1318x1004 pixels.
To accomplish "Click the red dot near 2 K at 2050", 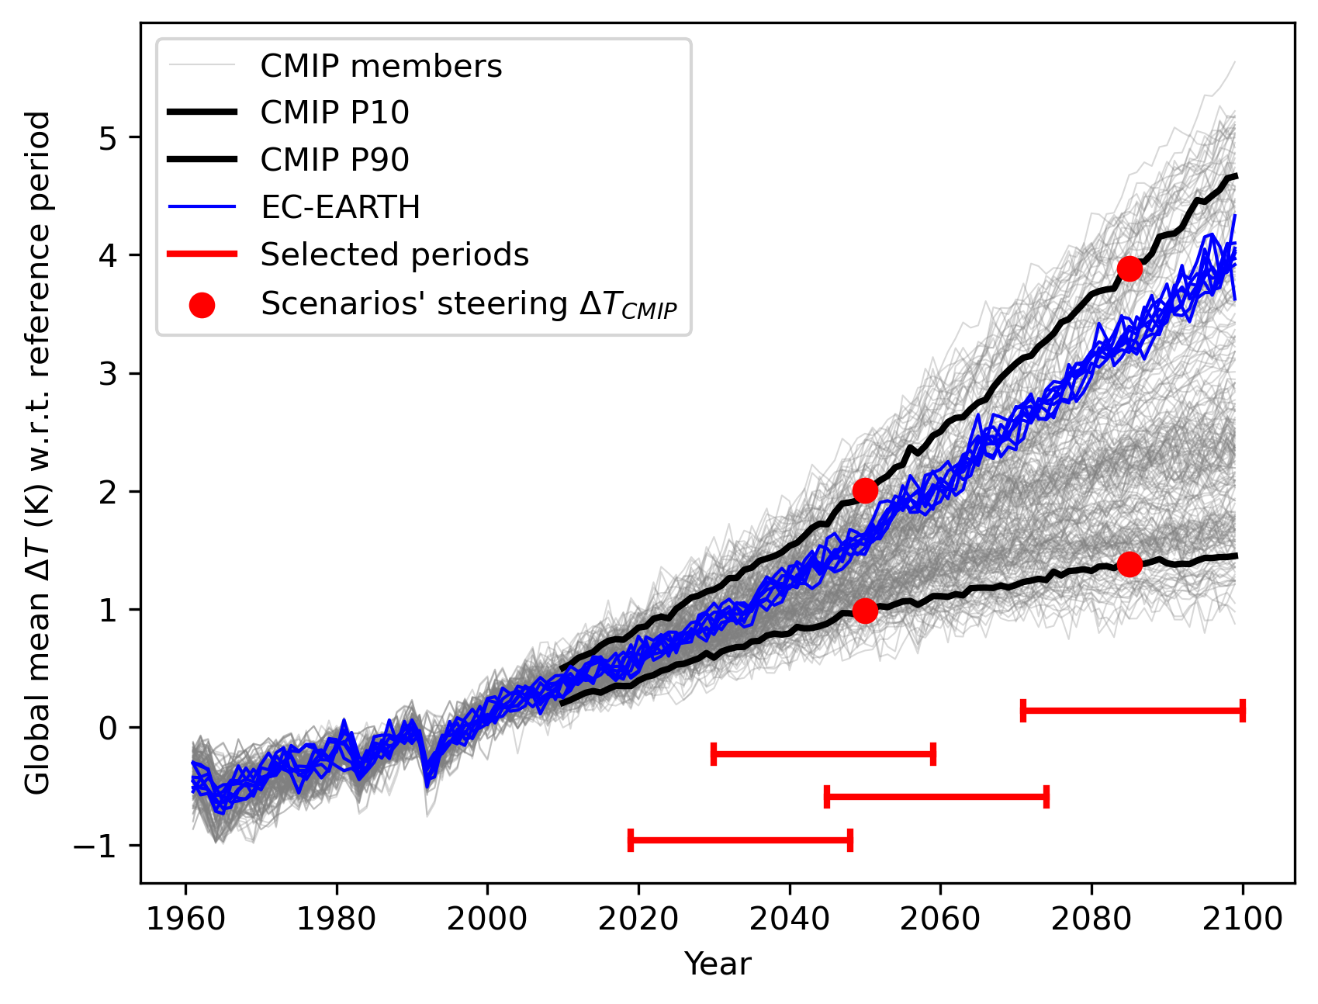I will tap(865, 490).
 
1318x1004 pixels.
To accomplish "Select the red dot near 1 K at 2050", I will tap(865, 611).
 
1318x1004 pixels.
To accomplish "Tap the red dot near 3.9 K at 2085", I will tap(1129, 268).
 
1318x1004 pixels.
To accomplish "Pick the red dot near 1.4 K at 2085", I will tap(1129, 564).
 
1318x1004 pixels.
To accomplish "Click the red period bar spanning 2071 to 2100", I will tap(1133, 710).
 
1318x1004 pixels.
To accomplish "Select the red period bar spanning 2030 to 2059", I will tap(823, 753).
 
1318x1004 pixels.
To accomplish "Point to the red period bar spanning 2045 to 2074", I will tap(936, 797).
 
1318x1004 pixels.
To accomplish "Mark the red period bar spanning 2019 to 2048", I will tap(741, 840).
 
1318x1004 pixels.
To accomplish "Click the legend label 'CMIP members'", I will tap(381, 67).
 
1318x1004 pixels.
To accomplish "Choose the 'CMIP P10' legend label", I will tap(334, 113).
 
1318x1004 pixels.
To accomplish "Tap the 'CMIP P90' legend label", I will tap(334, 160).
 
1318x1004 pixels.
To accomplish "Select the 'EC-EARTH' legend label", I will tap(340, 207).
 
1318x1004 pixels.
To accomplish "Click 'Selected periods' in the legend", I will tap(394, 254).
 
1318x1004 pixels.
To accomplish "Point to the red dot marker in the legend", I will tap(202, 304).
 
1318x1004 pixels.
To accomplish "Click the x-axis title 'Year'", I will tap(718, 964).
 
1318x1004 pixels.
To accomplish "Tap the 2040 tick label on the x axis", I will tap(790, 919).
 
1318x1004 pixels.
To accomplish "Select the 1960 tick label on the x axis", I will tap(186, 919).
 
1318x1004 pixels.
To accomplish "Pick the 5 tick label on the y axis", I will tap(111, 137).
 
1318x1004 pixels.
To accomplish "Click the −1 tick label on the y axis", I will tap(99, 846).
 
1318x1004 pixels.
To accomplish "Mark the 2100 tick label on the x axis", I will tap(1243, 919).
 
